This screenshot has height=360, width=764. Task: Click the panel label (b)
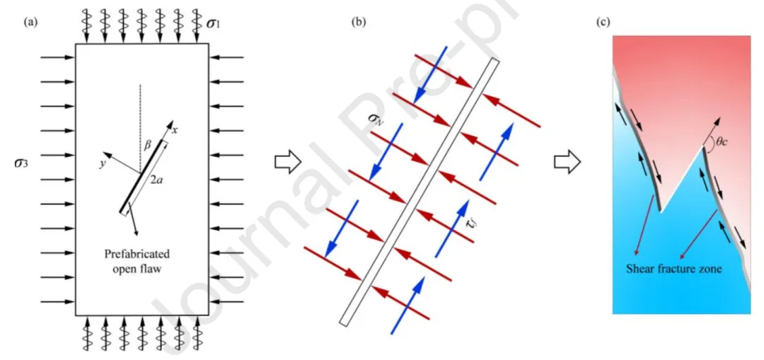click(x=358, y=22)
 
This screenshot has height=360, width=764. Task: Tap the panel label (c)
click(x=603, y=22)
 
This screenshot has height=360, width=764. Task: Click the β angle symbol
click(x=149, y=144)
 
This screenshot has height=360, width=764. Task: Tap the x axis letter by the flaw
click(x=173, y=130)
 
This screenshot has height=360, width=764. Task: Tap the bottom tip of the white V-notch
click(x=661, y=210)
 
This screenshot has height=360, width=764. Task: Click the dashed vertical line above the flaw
click(x=141, y=113)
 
